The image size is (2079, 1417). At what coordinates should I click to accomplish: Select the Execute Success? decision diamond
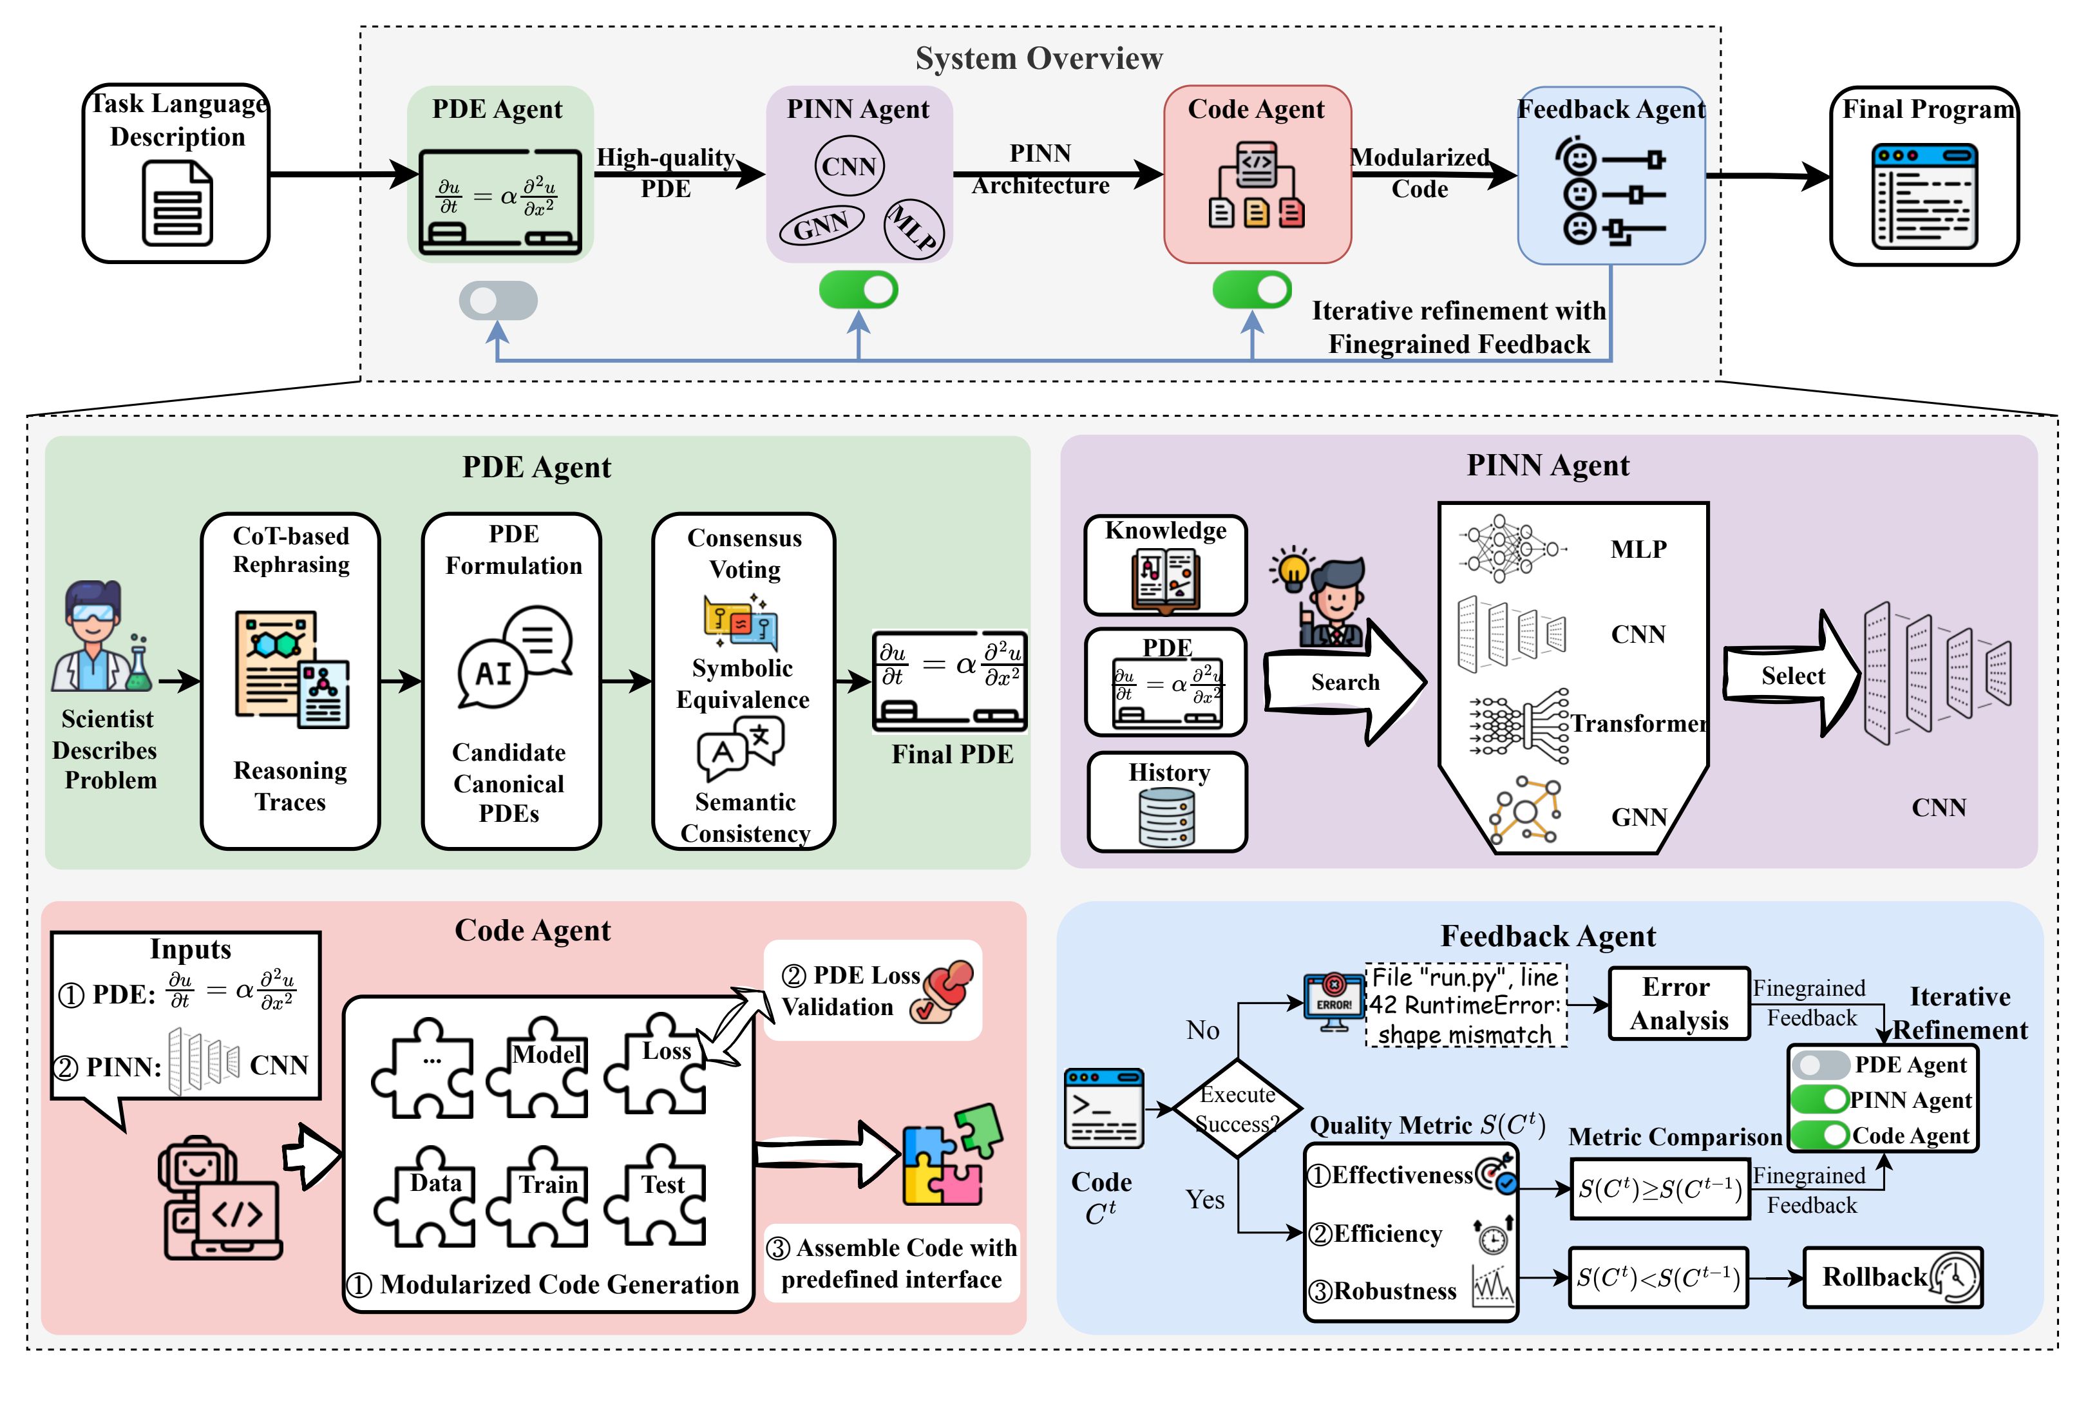click(1237, 1108)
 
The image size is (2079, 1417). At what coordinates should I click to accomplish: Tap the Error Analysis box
click(1678, 1003)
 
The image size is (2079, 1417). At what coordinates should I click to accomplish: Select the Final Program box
click(1924, 176)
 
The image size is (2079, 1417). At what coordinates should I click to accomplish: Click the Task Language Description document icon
click(177, 204)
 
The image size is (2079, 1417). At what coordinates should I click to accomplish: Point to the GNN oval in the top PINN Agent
click(821, 225)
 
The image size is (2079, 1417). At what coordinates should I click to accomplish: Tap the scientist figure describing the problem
click(101, 637)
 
